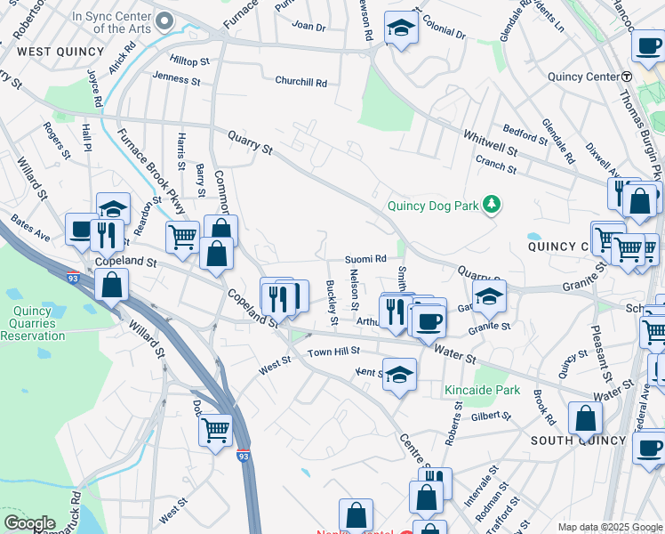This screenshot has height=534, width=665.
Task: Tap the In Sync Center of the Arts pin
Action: point(163,20)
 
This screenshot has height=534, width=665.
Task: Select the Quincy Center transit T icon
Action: point(626,77)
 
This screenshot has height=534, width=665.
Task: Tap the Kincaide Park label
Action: point(482,390)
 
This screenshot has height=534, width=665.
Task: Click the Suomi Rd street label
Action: point(365,259)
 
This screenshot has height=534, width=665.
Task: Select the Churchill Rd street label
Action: point(300,83)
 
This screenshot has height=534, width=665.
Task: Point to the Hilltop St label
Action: point(188,61)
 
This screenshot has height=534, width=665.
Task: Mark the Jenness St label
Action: point(176,79)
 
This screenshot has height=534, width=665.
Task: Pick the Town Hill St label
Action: point(333,352)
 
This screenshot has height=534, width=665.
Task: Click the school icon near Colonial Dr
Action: point(402,28)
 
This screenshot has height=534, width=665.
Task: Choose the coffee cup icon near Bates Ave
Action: point(82,231)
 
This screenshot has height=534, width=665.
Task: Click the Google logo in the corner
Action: point(28,523)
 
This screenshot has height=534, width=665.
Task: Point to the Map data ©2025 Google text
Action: point(609,527)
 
